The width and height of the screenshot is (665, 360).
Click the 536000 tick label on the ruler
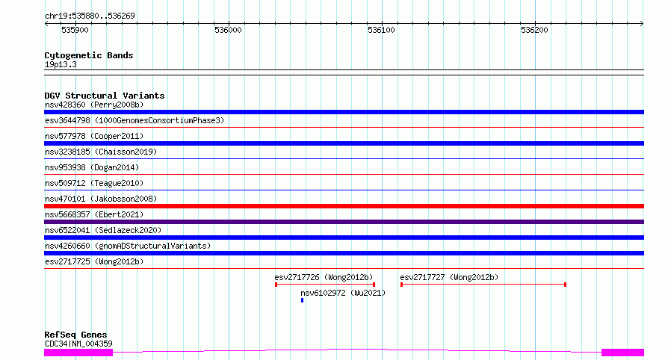point(228,30)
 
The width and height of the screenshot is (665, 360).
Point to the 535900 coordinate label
point(75,30)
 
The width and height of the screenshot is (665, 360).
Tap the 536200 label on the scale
point(534,30)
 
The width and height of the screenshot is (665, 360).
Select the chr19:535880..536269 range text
point(90,16)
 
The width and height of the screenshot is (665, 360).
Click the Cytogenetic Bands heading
point(89,55)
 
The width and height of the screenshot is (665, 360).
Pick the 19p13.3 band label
point(61,64)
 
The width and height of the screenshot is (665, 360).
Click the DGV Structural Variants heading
point(105,96)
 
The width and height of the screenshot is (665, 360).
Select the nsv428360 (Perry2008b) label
point(94,105)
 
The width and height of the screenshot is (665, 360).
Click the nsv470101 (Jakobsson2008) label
point(101,199)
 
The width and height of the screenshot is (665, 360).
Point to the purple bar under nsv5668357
point(344,222)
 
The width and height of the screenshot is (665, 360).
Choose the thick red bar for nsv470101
point(344,206)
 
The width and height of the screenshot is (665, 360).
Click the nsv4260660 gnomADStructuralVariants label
point(128,246)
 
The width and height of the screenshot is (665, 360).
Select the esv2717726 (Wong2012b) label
point(324,277)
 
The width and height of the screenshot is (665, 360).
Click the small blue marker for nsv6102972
point(302,300)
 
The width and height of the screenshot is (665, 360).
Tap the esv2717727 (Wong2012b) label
point(449,277)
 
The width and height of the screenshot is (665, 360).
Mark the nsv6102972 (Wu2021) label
point(343,293)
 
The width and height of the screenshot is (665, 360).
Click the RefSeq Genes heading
point(75,335)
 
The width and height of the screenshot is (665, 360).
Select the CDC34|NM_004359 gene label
point(78,344)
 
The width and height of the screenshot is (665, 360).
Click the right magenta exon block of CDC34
point(622,353)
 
